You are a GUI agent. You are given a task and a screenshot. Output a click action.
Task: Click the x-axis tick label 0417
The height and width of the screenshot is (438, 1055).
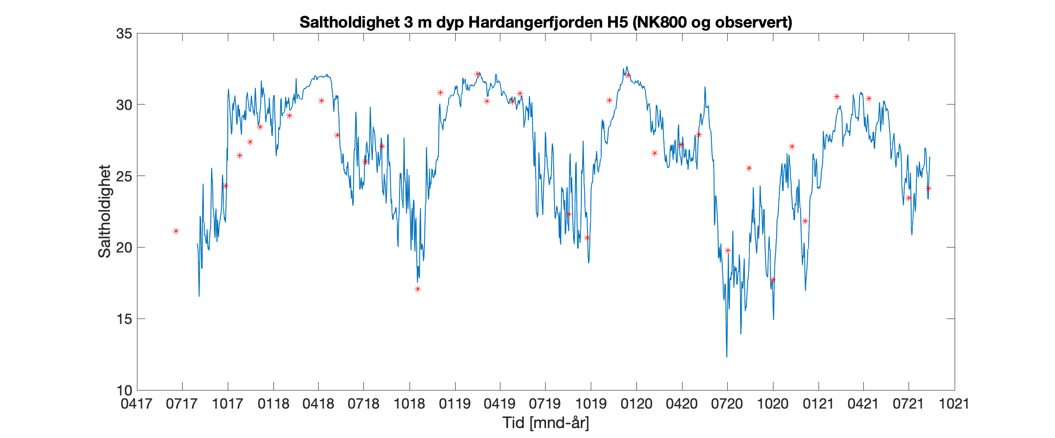pyautogui.click(x=136, y=404)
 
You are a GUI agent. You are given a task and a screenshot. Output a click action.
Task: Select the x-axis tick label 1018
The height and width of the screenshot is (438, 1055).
pyautogui.click(x=409, y=404)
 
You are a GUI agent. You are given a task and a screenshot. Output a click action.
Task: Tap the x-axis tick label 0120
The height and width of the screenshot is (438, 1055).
pyautogui.click(x=636, y=404)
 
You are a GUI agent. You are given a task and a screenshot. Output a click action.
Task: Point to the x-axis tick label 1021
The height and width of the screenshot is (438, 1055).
pyautogui.click(x=954, y=404)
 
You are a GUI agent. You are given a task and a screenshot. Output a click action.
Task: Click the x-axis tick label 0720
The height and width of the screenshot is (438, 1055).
pyautogui.click(x=727, y=404)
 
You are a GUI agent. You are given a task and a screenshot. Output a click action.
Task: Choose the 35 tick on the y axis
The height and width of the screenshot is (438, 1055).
pyautogui.click(x=124, y=34)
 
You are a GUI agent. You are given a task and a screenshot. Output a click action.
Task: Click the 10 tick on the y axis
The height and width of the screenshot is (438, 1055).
pyautogui.click(x=124, y=390)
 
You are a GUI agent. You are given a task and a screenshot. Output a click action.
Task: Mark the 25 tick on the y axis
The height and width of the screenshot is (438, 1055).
pyautogui.click(x=124, y=176)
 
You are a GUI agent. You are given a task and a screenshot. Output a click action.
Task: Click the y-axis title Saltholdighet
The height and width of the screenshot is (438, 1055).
pyautogui.click(x=104, y=211)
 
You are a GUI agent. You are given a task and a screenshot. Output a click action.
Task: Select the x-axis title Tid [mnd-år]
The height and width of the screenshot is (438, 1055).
pyautogui.click(x=546, y=423)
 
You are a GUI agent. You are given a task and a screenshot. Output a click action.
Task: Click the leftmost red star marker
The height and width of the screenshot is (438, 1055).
pyautogui.click(x=176, y=231)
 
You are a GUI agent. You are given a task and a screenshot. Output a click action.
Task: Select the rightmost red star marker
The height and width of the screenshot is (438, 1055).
pyautogui.click(x=928, y=188)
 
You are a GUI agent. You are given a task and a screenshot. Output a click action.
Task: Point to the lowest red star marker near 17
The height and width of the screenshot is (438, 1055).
pyautogui.click(x=418, y=289)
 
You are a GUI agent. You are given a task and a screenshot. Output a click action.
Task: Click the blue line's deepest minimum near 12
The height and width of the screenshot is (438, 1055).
pyautogui.click(x=727, y=357)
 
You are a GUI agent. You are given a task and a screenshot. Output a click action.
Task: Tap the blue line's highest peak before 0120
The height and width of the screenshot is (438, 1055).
pyautogui.click(x=626, y=67)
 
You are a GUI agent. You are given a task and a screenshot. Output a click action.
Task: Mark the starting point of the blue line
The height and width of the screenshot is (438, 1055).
pyautogui.click(x=197, y=244)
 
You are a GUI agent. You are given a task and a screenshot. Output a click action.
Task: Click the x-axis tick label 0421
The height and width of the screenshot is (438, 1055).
pyautogui.click(x=863, y=404)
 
